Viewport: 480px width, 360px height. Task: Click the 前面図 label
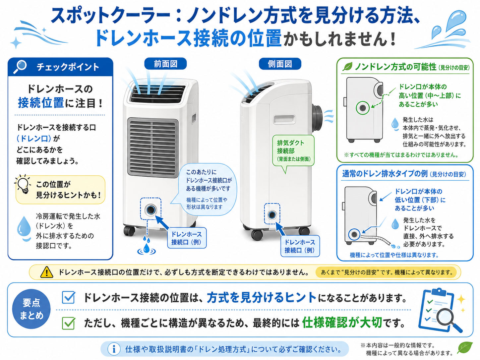165,64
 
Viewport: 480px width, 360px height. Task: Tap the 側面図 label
280,64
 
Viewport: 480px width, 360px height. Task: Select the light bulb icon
23,184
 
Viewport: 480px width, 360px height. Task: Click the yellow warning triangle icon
47,272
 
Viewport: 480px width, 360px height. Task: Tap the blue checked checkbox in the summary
69,297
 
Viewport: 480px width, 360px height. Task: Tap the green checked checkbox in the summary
69,323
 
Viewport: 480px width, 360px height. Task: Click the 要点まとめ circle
31,309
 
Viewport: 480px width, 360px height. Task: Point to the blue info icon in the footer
114,349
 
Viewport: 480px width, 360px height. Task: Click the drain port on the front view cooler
150,210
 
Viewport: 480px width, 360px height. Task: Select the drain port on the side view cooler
272,215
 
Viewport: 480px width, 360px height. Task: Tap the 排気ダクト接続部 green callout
293,150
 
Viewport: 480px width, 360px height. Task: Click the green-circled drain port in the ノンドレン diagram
362,108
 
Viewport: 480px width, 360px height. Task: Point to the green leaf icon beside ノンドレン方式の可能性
347,66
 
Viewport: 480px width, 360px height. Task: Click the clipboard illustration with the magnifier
440,310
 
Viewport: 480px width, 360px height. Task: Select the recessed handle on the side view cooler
284,120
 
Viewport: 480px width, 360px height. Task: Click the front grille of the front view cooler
153,148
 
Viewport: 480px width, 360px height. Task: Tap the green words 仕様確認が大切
342,323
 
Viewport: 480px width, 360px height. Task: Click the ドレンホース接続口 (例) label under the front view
187,238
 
